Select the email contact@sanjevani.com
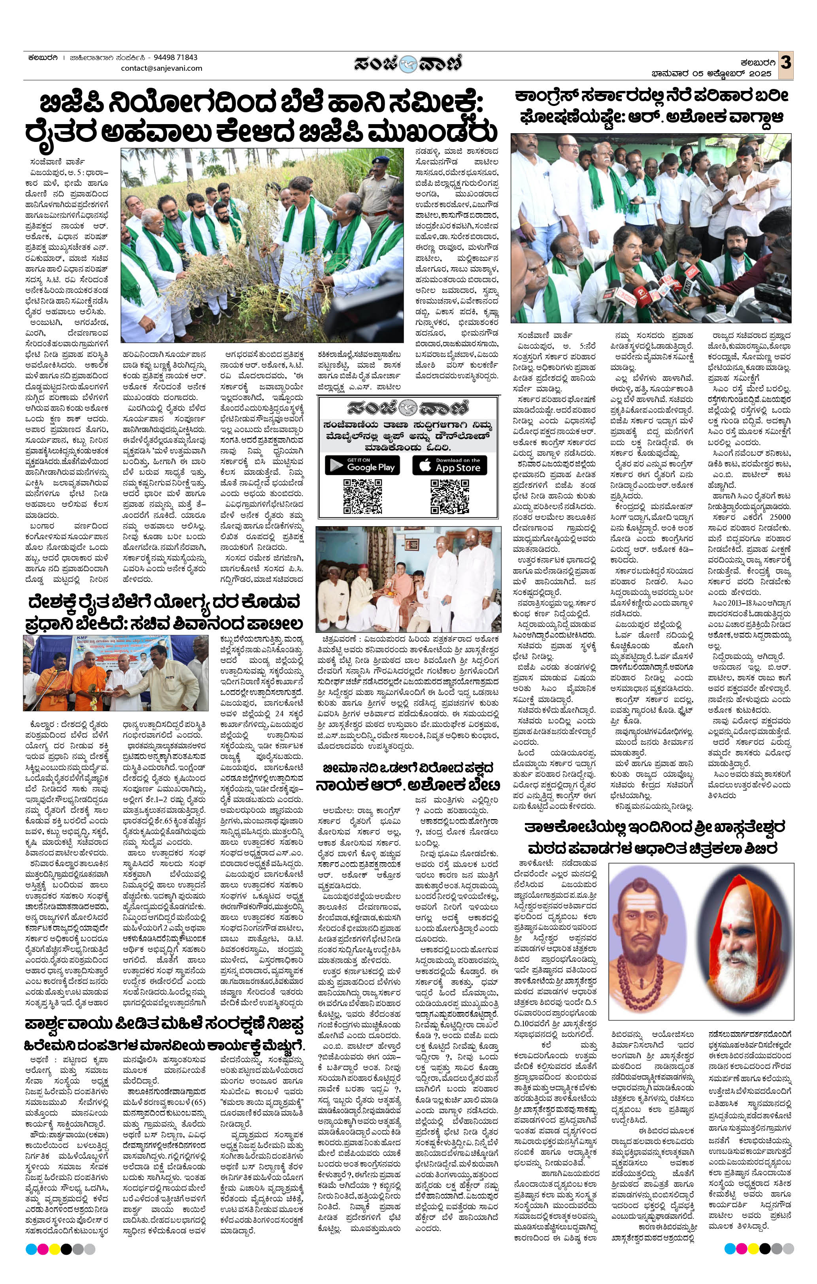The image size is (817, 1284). click(162, 68)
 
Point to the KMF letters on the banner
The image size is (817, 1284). click(44, 644)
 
